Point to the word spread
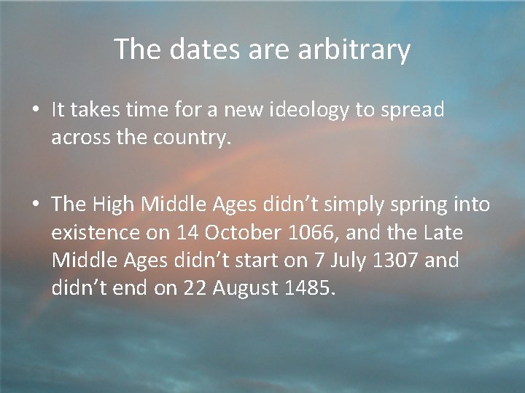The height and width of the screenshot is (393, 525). pyautogui.click(x=410, y=110)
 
